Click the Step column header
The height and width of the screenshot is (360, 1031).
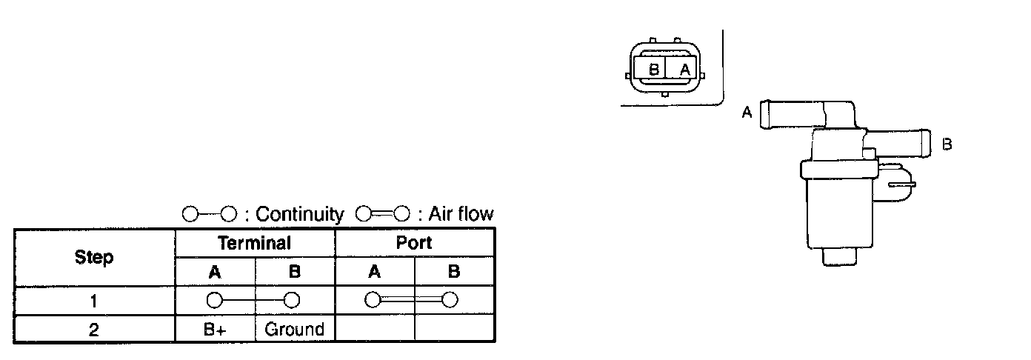pyautogui.click(x=94, y=258)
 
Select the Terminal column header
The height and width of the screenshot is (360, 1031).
pyautogui.click(x=254, y=242)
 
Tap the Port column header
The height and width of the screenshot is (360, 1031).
pyautogui.click(x=414, y=242)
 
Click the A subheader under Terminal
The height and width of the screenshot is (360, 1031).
pyautogui.click(x=215, y=272)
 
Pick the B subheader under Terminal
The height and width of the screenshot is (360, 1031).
pyautogui.click(x=295, y=272)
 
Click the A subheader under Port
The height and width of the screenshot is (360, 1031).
pyautogui.click(x=375, y=272)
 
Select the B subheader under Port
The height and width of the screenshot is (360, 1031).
pyautogui.click(x=454, y=272)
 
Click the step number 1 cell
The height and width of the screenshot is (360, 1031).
pyautogui.click(x=94, y=301)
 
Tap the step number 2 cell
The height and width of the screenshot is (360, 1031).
pyautogui.click(x=94, y=330)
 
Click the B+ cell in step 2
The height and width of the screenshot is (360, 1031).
pyautogui.click(x=215, y=330)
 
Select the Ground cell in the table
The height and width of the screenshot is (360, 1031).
pyautogui.click(x=295, y=330)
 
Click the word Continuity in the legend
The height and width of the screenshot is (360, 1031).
pyautogui.click(x=299, y=215)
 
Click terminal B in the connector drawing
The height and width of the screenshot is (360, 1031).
pyautogui.click(x=653, y=70)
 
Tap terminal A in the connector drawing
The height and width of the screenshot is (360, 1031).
pyautogui.click(x=685, y=70)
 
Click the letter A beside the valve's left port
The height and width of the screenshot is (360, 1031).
pyautogui.click(x=747, y=113)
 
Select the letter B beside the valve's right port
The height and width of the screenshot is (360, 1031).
pyautogui.click(x=947, y=144)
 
